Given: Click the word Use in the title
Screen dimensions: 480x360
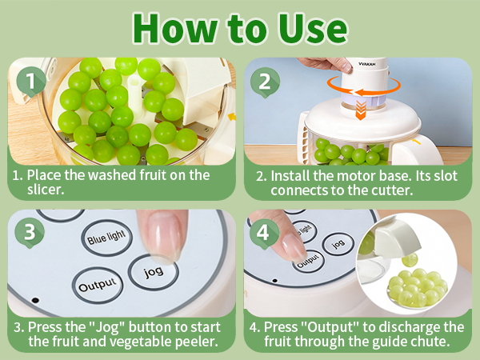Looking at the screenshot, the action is click(x=313, y=29).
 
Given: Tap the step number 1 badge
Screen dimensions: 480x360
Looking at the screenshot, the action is click(x=31, y=82).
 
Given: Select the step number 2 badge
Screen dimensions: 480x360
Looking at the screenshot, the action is click(x=265, y=82).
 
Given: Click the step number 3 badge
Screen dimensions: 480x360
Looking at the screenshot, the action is click(x=30, y=232).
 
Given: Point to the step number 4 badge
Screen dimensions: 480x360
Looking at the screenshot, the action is click(x=264, y=234).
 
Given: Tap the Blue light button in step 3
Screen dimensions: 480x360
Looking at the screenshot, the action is click(x=106, y=238).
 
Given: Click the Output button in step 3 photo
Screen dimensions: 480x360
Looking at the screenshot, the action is click(x=98, y=286).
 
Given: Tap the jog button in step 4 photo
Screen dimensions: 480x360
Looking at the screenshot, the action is click(x=338, y=244).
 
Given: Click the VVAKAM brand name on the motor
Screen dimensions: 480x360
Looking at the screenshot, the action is click(x=367, y=64).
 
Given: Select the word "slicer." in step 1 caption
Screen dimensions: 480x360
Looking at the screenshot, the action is click(x=46, y=190).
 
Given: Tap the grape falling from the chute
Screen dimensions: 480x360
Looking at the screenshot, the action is click(x=410, y=260).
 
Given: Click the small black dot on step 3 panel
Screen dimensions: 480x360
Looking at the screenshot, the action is click(x=35, y=300).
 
